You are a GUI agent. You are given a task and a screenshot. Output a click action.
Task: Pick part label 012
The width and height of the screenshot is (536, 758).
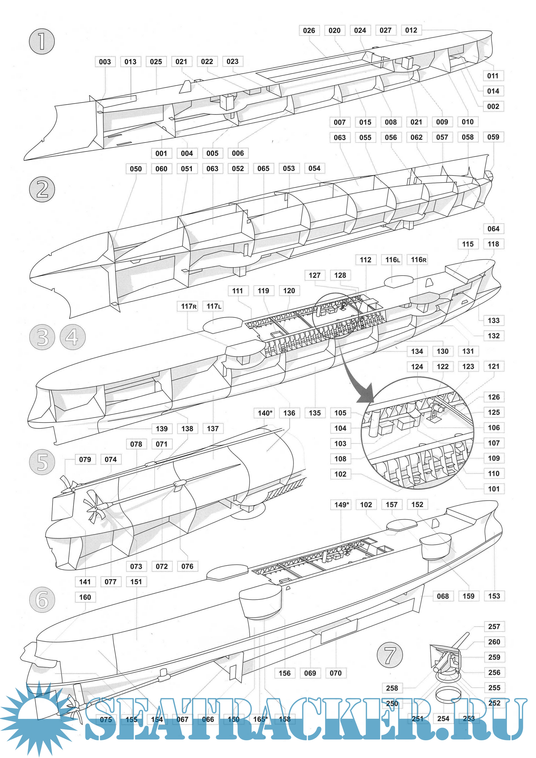point(411,30)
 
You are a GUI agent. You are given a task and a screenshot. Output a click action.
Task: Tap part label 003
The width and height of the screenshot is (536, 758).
point(105,62)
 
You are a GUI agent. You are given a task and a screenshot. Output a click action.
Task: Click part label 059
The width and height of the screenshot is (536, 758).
point(493,137)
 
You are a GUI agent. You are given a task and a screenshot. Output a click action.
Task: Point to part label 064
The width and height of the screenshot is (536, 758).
point(493,229)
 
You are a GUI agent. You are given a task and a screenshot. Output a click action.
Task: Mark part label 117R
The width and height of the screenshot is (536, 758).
point(189,306)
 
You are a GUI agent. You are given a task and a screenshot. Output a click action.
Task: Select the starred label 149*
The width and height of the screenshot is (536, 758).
point(341,505)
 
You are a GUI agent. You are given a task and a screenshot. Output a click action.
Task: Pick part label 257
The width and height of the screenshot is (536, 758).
point(494,627)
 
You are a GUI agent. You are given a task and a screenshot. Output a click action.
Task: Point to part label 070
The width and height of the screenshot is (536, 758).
point(336,673)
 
